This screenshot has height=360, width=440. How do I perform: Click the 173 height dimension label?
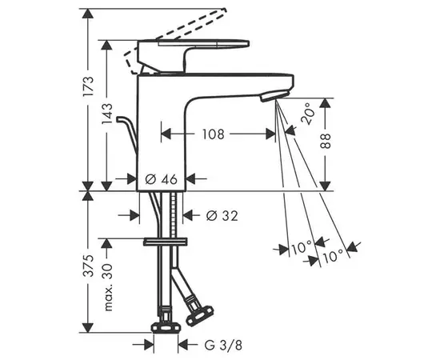(88, 86)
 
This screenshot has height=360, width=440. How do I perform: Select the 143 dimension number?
(107, 113)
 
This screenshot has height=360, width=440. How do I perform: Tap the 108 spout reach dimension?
(214, 134)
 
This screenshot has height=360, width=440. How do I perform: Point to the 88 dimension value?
(325, 141)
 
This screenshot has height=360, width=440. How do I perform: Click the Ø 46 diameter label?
(162, 179)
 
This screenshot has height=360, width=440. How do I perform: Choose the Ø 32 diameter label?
(222, 215)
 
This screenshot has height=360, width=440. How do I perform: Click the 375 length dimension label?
(89, 266)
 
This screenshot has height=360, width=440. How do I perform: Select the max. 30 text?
(107, 287)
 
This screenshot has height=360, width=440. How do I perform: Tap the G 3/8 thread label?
(223, 345)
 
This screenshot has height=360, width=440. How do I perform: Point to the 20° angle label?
(307, 113)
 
